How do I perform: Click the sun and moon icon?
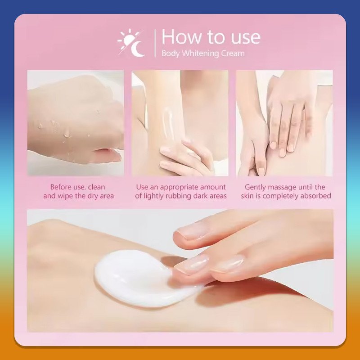point(131,43)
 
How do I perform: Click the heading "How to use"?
point(211,37)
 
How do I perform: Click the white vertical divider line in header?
point(155,43)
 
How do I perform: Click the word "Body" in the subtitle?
point(171,54)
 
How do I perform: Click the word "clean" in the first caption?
point(96,187)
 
